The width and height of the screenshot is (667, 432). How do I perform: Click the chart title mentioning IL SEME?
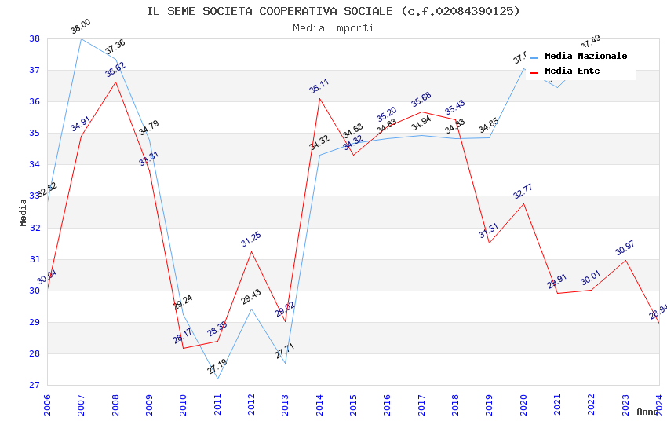coord(333,11)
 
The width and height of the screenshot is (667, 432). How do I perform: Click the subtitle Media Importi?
coord(333,27)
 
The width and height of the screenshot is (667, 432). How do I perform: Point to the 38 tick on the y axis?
coord(35,38)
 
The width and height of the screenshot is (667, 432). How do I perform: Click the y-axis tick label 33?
coord(35,196)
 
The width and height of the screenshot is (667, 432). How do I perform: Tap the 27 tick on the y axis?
coord(35,385)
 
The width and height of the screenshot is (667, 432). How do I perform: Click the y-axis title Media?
coord(24,212)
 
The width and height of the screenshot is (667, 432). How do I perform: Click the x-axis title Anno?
coord(647,412)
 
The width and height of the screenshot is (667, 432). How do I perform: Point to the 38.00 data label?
coord(81,27)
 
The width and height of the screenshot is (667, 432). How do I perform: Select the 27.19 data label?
coord(217,367)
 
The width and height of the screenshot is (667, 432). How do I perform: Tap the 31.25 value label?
coord(251,240)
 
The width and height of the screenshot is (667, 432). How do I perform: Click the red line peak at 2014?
coord(319,98)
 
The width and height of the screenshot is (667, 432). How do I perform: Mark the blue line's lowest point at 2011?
coord(217,379)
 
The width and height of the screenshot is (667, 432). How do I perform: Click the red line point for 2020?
coord(523,203)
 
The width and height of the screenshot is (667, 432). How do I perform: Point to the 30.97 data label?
coord(625,248)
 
